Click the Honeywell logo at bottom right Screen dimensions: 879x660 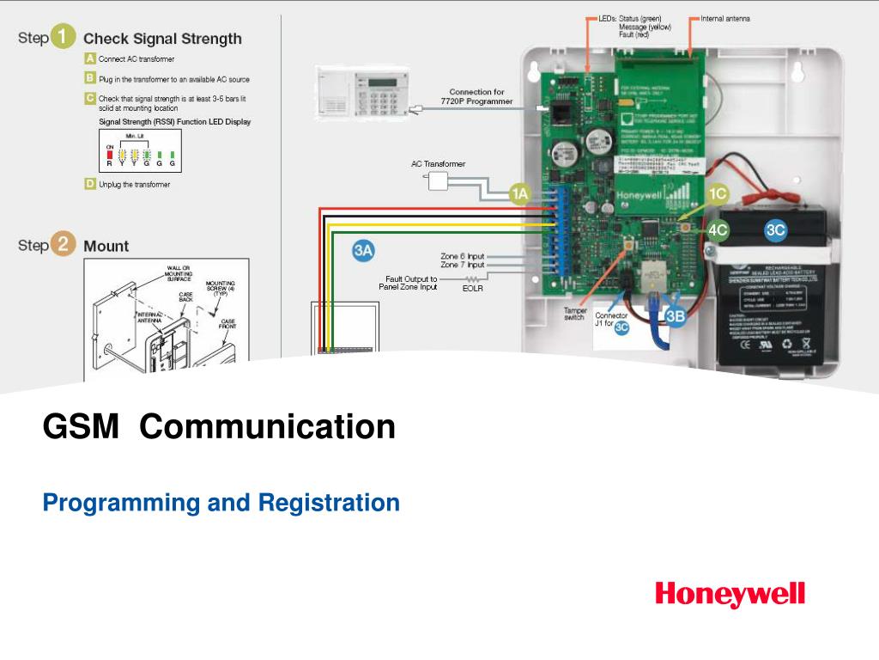tap(730, 594)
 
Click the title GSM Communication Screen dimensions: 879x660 tap(219, 426)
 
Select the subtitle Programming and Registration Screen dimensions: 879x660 tap(221, 502)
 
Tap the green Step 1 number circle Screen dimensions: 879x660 tap(64, 38)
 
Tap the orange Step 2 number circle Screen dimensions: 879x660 tap(64, 245)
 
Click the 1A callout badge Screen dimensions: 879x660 tap(520, 194)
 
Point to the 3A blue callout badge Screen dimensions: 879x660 tap(364, 251)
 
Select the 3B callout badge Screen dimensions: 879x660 tap(676, 315)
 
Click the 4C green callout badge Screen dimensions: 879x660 tap(718, 229)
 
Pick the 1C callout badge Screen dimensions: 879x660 tap(718, 194)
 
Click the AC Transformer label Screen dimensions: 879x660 tap(438, 163)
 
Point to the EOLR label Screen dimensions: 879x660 tap(472, 289)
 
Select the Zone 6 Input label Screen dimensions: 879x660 tap(462, 256)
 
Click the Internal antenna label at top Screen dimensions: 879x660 tap(725, 18)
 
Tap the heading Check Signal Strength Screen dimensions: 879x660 tap(162, 39)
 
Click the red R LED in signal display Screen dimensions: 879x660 tap(109, 154)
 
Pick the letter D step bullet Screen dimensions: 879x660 tap(89, 184)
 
